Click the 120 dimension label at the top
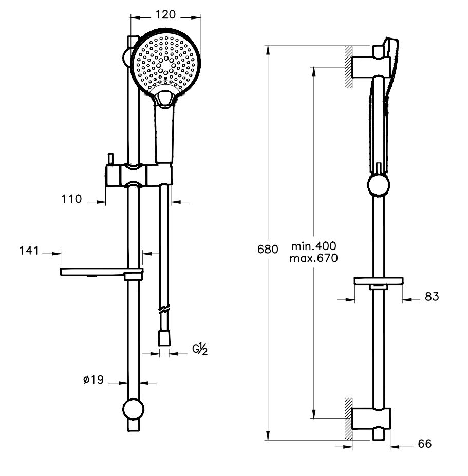[165, 14]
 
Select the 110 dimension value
[72, 199]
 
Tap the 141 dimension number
[29, 251]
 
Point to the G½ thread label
[200, 349]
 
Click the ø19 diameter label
[93, 379]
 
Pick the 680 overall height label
[268, 249]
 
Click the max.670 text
[314, 258]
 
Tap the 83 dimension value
[432, 297]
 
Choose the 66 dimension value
[425, 444]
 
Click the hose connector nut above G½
[164, 338]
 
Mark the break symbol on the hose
[164, 309]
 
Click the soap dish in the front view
[102, 273]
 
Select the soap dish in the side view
[379, 281]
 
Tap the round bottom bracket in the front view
[134, 408]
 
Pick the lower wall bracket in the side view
[371, 418]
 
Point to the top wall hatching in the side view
[349, 67]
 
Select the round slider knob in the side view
[379, 185]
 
